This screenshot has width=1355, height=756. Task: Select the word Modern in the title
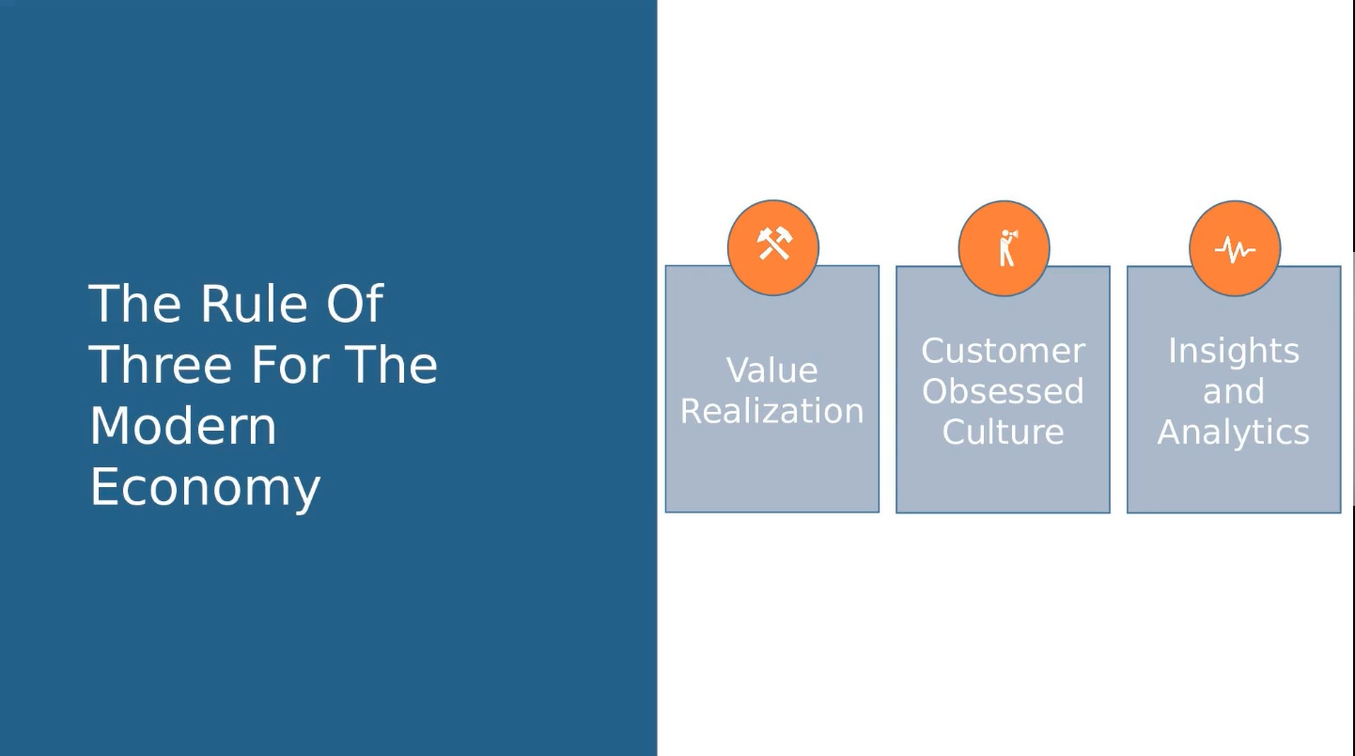point(183,426)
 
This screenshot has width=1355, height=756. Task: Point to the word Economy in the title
point(205,487)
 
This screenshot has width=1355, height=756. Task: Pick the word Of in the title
point(354,304)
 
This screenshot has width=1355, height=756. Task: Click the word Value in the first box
point(771,370)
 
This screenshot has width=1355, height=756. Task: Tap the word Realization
point(771,411)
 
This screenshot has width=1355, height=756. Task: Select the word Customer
point(1003,351)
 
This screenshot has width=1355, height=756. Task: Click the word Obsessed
point(1003,391)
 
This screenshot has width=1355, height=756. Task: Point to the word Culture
point(1003,432)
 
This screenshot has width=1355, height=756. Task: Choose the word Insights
point(1233,351)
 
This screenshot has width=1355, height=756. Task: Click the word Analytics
point(1233,432)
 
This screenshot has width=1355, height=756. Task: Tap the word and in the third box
point(1233,391)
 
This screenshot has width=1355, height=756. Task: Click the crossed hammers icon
point(774,244)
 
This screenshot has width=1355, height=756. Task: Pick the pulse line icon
point(1235,249)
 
